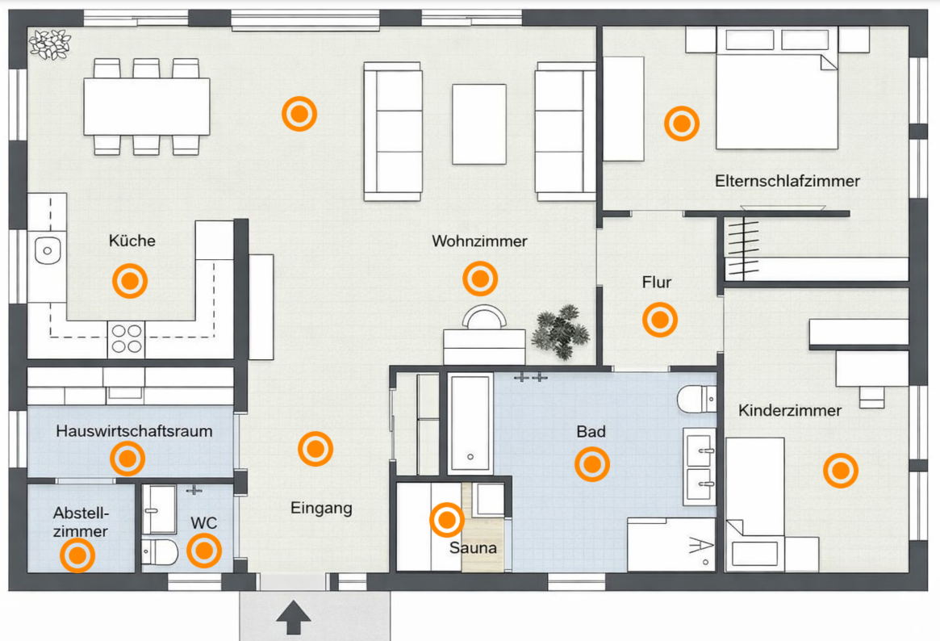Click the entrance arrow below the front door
tap(293, 617)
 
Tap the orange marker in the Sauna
tap(447, 520)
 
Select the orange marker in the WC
tap(204, 551)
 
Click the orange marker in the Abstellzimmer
tap(77, 555)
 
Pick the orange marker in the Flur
tap(660, 320)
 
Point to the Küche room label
tap(132, 241)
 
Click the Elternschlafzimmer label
tap(788, 181)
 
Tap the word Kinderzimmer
tap(790, 410)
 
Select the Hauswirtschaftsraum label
tap(134, 430)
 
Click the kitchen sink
tap(48, 250)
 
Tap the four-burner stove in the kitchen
tap(127, 339)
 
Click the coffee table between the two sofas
tap(479, 124)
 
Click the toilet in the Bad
tap(696, 399)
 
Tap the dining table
tap(147, 107)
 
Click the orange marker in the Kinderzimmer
tap(841, 470)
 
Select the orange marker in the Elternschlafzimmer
tap(682, 124)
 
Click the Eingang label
tap(321, 508)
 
